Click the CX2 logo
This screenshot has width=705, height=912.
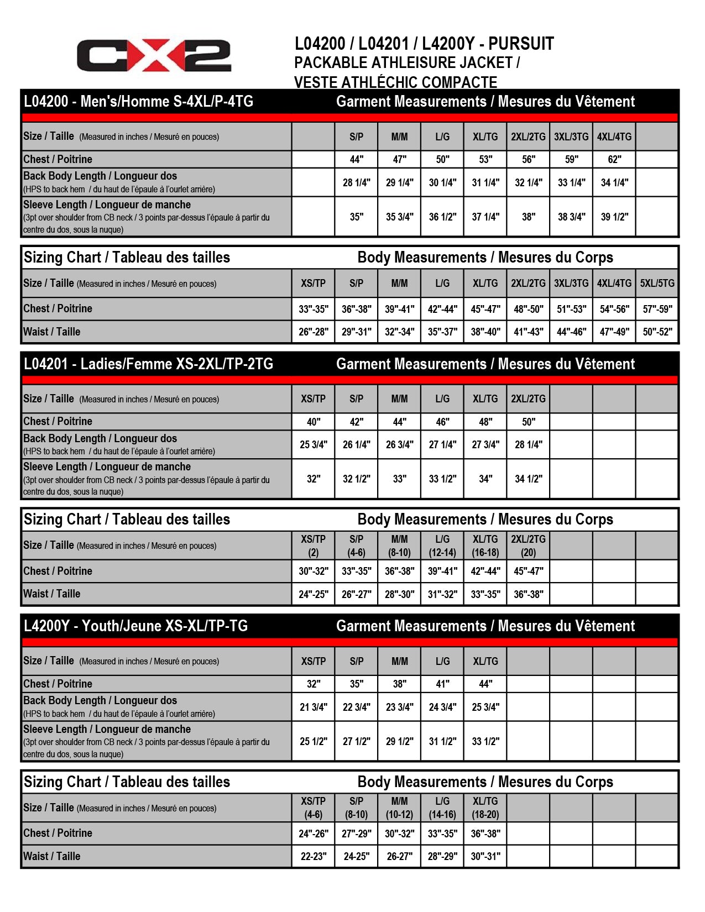154,55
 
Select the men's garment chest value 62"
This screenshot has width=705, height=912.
614,159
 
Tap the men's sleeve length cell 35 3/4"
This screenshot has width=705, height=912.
399,217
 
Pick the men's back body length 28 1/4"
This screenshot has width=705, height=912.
356,182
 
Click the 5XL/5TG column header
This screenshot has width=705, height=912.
657,283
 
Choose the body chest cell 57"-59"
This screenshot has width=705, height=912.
657,309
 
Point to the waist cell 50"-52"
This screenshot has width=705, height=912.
657,332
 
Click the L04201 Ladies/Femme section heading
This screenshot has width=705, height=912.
148,364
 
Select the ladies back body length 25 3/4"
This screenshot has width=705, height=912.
313,444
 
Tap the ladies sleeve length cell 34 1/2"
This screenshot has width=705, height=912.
528,479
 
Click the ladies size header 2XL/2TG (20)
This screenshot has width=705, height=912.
528,546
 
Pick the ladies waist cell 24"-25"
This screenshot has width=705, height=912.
313,594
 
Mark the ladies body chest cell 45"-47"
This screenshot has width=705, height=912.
528,571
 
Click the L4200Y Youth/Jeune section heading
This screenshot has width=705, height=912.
135,626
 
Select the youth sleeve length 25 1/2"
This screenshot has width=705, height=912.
313,741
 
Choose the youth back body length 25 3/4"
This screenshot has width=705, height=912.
485,707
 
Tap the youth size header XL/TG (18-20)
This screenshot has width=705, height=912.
485,808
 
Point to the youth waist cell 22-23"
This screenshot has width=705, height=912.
313,856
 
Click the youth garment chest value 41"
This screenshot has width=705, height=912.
442,684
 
